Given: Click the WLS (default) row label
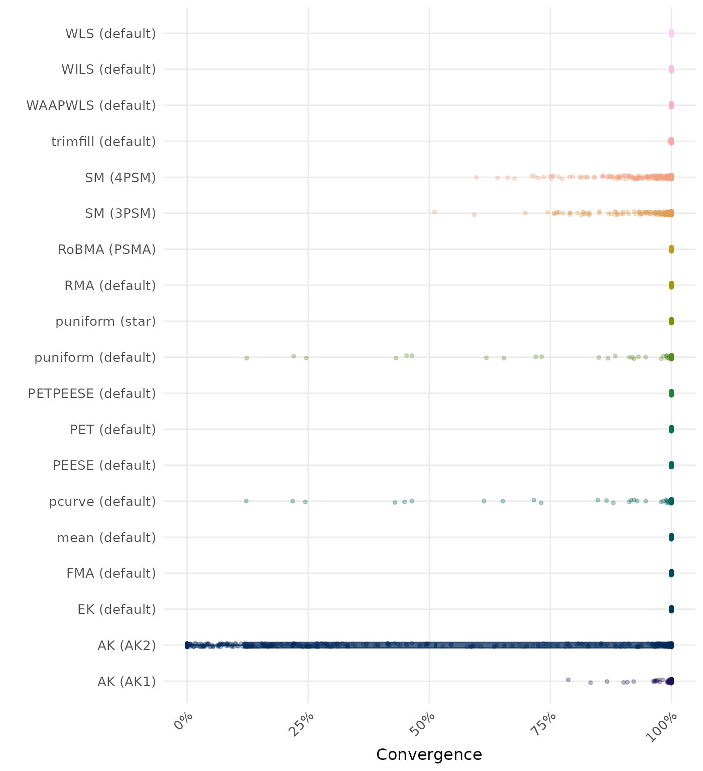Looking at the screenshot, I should point(110,34).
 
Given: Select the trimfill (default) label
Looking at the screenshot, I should point(103,142).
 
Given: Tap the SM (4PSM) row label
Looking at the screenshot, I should point(121,177).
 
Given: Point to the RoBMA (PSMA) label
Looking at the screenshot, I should point(107,249).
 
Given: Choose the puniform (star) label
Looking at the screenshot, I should point(105,321).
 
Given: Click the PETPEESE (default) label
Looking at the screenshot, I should point(92,394).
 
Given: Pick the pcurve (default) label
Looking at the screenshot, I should point(102,501).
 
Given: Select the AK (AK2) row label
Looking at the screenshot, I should point(127,645).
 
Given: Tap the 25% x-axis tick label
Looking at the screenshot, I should point(304,726).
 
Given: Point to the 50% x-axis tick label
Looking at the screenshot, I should point(425,726).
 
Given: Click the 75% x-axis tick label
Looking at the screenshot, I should point(546,726).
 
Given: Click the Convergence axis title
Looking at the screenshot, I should point(429,754).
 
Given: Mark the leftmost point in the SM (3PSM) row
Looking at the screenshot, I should point(434,212).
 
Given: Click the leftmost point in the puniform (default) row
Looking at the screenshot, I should point(247,358).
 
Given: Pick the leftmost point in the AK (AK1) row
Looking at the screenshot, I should point(568,680).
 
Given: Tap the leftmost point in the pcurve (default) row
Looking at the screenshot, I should point(246,501).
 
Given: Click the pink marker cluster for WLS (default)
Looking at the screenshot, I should point(671,34).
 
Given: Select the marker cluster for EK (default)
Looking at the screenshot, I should point(671,609).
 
